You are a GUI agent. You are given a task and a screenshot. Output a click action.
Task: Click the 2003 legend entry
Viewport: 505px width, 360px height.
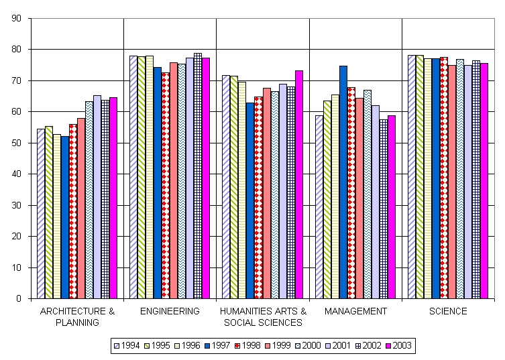point(398,345)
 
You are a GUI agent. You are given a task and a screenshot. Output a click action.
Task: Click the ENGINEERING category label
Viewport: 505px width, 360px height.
point(170,311)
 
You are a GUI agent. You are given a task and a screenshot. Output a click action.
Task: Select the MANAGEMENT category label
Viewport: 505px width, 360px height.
point(355,311)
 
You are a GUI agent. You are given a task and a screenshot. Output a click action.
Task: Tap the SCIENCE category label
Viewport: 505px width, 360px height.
point(448,311)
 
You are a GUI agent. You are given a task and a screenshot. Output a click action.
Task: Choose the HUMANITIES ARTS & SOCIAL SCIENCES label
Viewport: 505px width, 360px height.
point(262,316)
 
